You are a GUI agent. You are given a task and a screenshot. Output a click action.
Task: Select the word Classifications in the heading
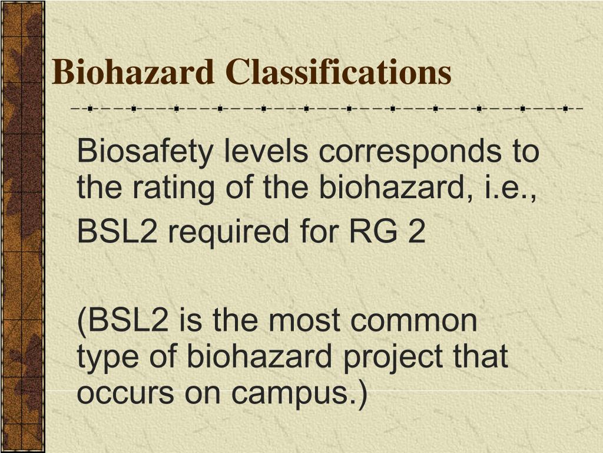coord(339,73)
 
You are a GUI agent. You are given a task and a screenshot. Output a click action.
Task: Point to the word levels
coord(266,152)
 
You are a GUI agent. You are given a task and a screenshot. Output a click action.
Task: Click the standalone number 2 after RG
coord(416,232)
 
